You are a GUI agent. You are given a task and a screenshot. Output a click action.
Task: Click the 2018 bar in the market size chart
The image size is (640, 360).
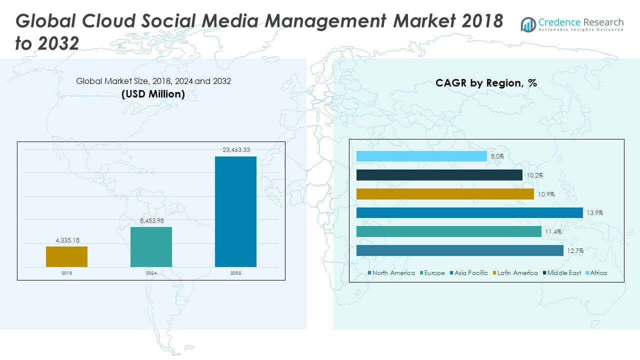(x=66, y=256)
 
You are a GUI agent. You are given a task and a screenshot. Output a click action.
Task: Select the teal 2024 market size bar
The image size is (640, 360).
(x=151, y=247)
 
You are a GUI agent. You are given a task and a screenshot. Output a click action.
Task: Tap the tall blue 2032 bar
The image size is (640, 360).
(x=235, y=211)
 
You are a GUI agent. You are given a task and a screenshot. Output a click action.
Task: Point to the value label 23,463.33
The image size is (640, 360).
(x=235, y=149)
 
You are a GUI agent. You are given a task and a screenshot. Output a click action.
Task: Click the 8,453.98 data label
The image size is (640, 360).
(x=151, y=220)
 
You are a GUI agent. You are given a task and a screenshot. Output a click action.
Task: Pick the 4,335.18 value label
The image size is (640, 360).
(x=66, y=240)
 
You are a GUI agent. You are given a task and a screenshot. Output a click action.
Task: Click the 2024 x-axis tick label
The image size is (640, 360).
(x=151, y=273)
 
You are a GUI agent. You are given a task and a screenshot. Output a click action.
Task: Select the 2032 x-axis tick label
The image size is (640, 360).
(x=235, y=273)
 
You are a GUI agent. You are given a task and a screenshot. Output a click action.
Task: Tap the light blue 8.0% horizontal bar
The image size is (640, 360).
(x=421, y=156)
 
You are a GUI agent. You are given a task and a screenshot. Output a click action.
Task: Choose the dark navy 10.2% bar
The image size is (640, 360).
(x=439, y=175)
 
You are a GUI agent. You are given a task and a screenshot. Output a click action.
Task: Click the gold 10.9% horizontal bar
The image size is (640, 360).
(x=445, y=194)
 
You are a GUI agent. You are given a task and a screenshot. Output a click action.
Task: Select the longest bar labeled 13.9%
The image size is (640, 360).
(x=469, y=213)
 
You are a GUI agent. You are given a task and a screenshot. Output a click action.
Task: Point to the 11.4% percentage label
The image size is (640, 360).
(x=553, y=231)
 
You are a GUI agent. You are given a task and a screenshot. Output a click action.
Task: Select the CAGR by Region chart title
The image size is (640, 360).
(x=486, y=83)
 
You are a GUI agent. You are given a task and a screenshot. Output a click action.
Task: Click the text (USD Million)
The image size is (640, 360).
(x=153, y=94)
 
